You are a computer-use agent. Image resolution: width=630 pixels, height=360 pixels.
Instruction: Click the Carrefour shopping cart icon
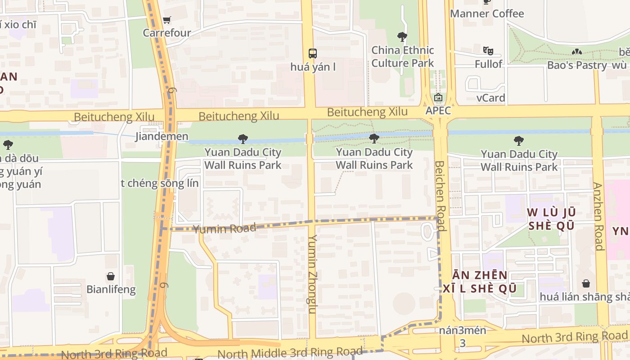[167, 20]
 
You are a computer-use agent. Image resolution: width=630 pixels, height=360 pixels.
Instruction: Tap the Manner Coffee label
[487, 13]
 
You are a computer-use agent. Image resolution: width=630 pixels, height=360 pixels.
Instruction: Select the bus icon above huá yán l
[313, 54]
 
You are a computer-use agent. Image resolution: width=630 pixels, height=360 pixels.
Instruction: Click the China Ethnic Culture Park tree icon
[402, 36]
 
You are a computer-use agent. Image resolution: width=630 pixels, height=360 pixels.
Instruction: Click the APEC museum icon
[438, 97]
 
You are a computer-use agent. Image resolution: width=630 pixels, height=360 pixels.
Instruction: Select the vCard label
[490, 98]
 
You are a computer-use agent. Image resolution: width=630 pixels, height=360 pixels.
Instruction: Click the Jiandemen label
[162, 136]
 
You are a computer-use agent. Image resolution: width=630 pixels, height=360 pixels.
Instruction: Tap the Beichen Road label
[440, 195]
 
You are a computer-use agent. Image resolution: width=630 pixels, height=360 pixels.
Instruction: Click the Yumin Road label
[225, 229]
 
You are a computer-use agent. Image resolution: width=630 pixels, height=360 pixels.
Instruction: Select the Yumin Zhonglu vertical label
[313, 274]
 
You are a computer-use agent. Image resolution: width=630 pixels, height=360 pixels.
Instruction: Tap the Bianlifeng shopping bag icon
[111, 276]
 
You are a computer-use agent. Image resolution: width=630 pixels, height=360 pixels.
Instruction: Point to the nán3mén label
[463, 330]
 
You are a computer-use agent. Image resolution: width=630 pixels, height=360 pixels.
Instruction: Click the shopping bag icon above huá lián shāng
[586, 283]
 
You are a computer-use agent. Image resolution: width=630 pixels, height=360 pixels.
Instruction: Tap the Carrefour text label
[167, 33]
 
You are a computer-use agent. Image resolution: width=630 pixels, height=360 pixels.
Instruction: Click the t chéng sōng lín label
[159, 183]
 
